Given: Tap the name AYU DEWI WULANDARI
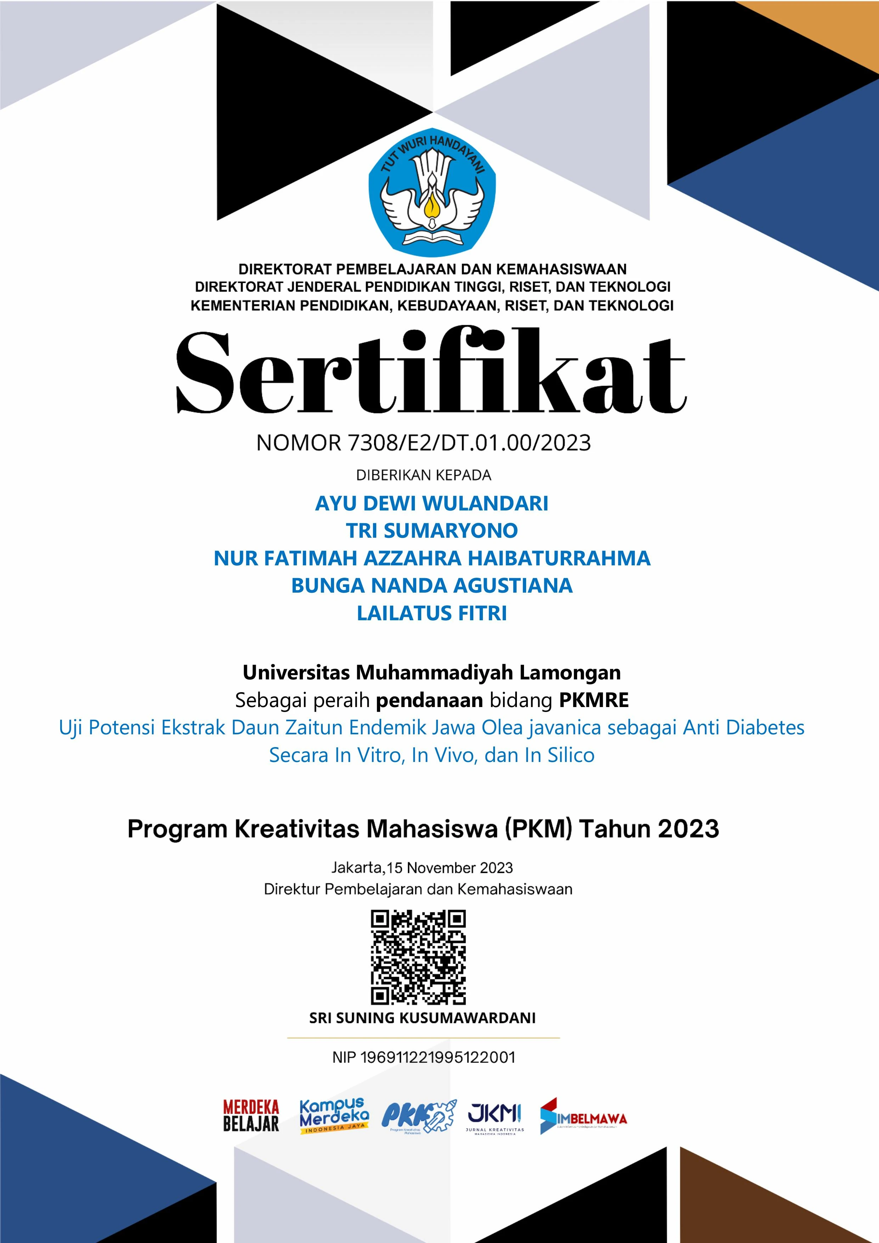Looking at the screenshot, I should [x=432, y=503].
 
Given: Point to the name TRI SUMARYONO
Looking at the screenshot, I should [x=432, y=531].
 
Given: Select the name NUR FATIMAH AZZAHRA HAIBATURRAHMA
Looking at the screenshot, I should [x=432, y=558].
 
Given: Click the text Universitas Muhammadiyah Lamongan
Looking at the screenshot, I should [x=432, y=672].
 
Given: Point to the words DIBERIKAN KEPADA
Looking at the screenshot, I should [x=423, y=475].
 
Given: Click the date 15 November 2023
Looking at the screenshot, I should [x=450, y=868].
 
